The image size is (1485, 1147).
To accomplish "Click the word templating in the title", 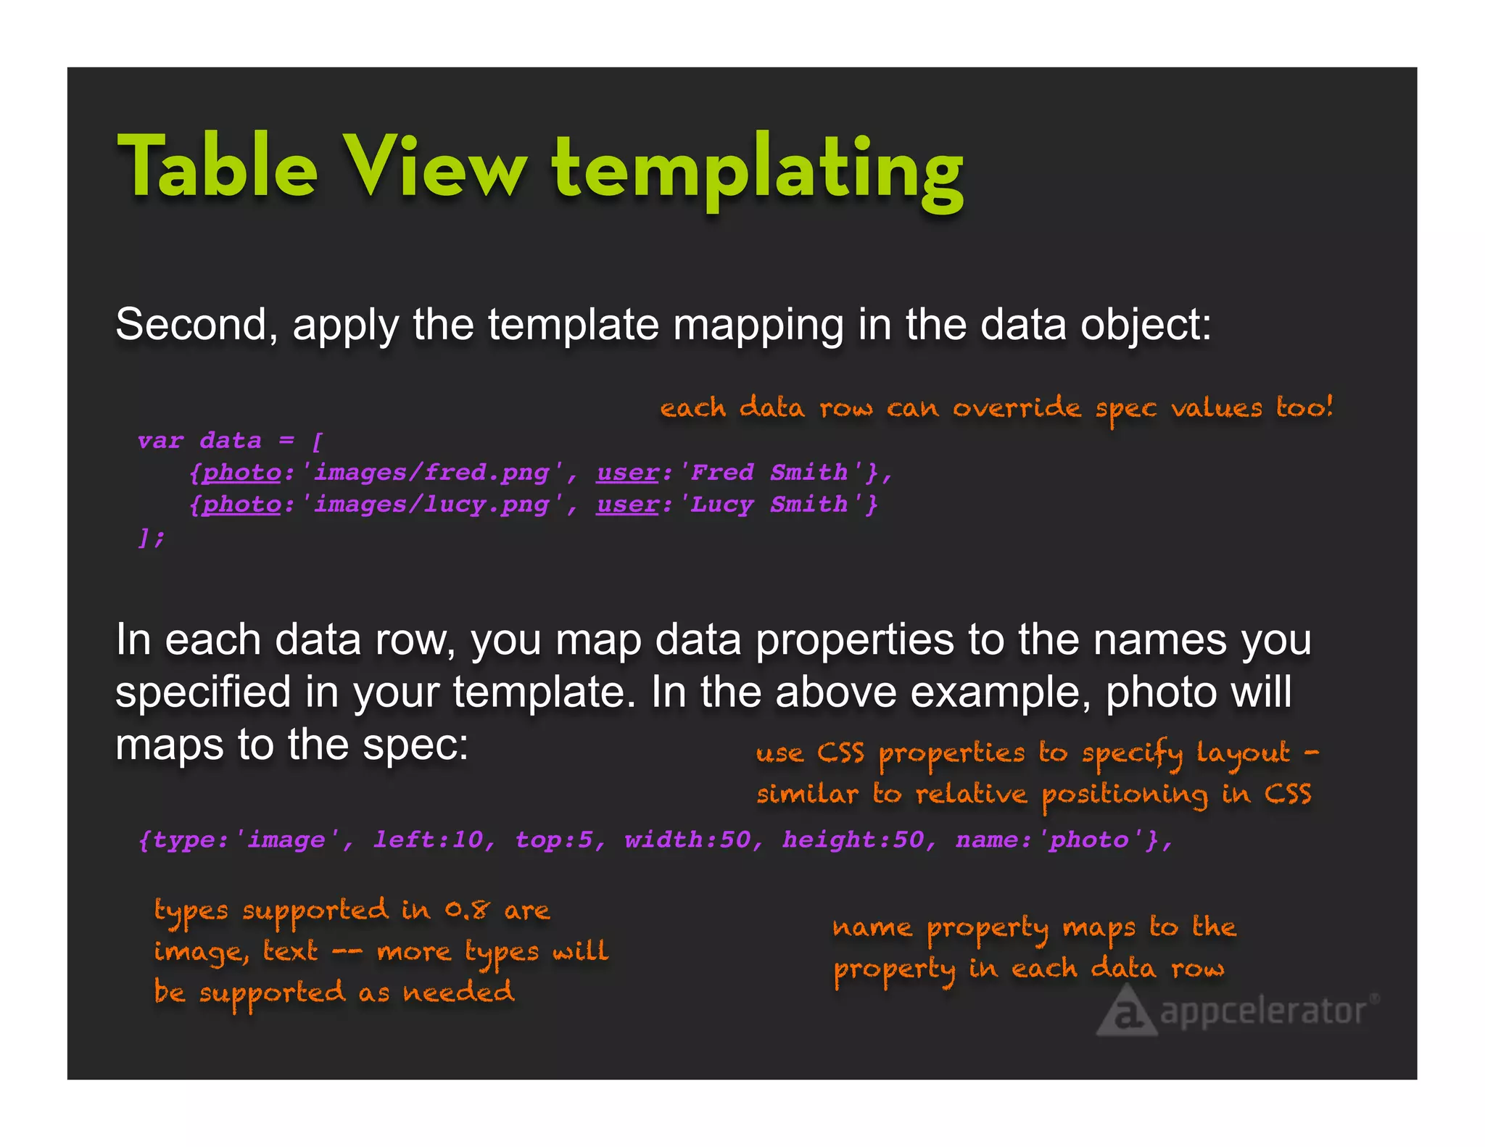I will pos(758,168).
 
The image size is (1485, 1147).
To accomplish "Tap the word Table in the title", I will pos(218,167).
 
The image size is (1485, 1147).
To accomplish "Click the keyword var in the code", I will pos(160,441).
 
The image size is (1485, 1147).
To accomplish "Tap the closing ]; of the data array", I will pos(152,537).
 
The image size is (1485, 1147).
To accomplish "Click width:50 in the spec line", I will pos(687,840).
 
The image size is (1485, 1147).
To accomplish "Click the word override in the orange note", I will pos(1017,407).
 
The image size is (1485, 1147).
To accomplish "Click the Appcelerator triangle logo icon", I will pos(1125,1013).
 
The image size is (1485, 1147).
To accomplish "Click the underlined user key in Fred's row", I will pos(628,473).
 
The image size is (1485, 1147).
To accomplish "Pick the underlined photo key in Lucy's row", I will pos(241,505).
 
